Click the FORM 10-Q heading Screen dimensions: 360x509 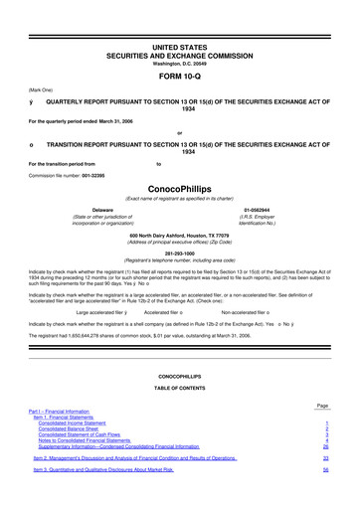(x=179, y=75)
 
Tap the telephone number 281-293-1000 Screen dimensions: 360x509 (x=179, y=252)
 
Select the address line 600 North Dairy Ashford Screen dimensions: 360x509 (x=179, y=235)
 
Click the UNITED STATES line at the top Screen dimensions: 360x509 (x=179, y=47)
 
